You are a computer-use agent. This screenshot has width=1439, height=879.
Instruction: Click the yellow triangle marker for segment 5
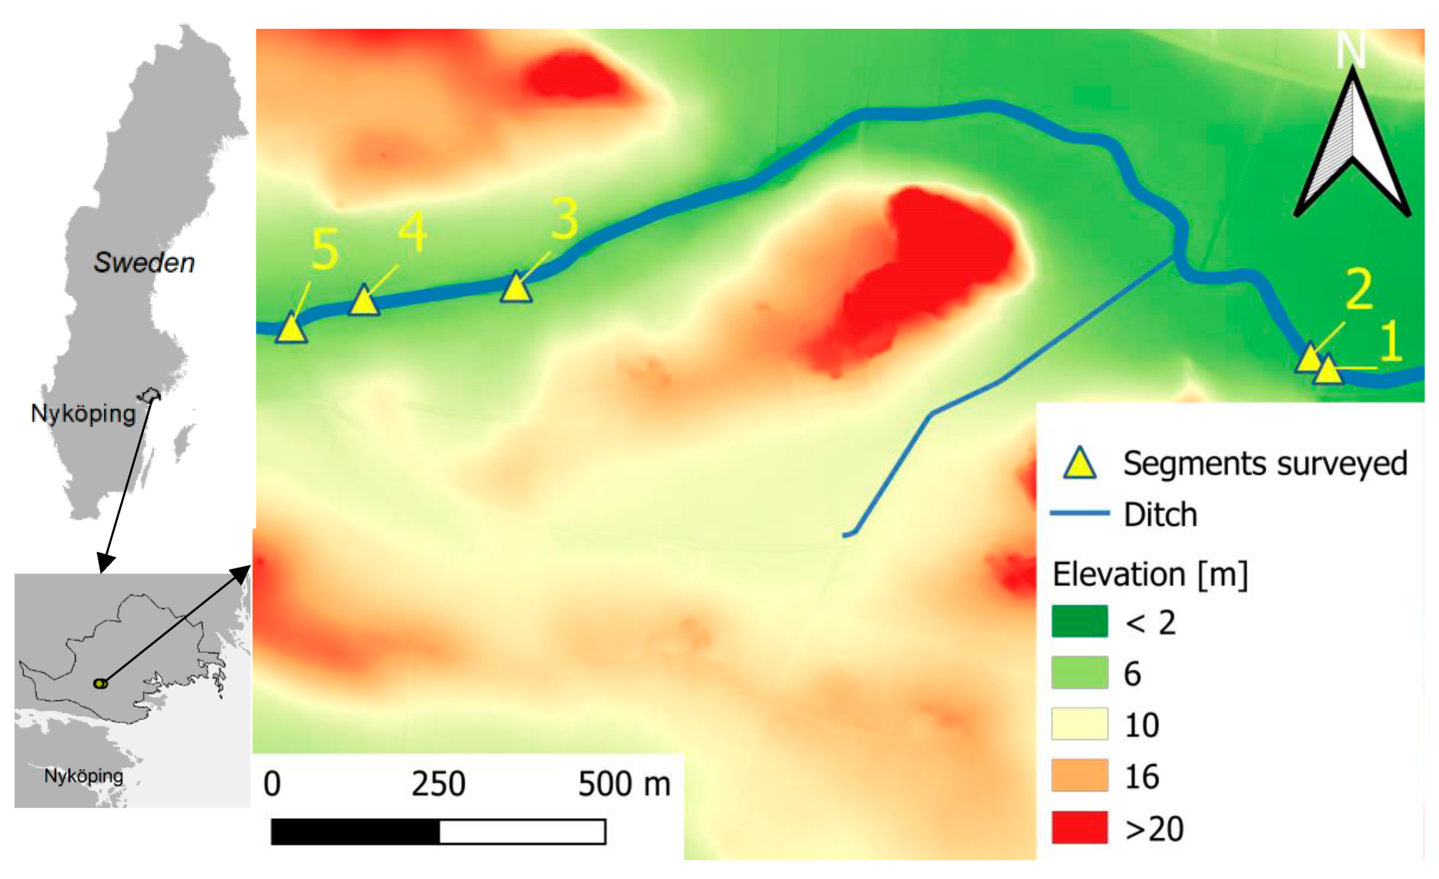(291, 329)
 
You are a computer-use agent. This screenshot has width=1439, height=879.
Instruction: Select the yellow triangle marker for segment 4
(364, 302)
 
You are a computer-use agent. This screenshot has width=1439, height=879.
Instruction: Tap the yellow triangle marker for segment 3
(516, 288)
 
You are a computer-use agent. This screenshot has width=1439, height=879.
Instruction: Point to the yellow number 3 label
(565, 219)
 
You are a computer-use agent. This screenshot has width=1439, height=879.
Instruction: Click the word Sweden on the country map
(144, 263)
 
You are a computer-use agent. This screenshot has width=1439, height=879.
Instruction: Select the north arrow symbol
(1353, 146)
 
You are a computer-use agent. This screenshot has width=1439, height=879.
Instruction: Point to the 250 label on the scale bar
(438, 784)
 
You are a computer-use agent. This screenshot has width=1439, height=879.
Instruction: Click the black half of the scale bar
(355, 832)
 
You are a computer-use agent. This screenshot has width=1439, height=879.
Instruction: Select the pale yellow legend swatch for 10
(1079, 724)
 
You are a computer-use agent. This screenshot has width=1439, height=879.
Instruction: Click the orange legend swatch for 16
(1079, 776)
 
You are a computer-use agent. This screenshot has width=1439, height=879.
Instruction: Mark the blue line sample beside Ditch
(1079, 513)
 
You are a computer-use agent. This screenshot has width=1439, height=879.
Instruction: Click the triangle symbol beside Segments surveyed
(1079, 465)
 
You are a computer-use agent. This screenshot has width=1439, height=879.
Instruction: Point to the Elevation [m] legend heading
(1149, 574)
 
